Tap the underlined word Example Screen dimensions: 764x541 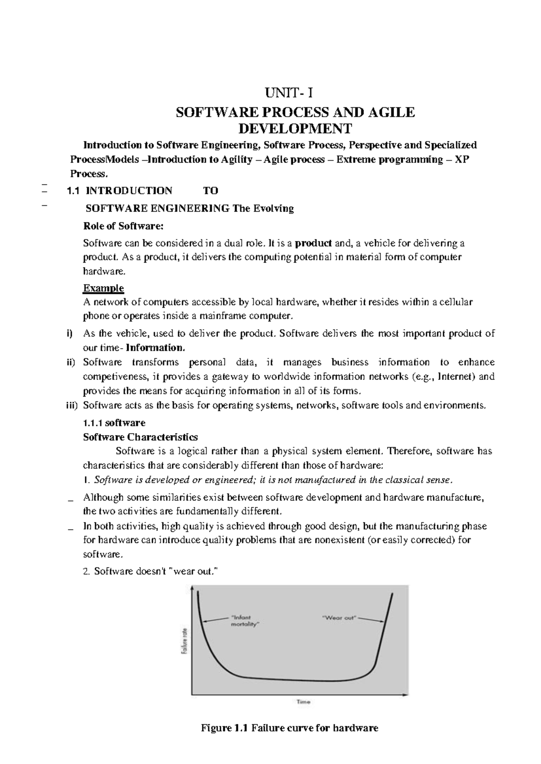(x=103, y=288)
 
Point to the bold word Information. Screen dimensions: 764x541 (x=156, y=348)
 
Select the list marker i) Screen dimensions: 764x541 (x=69, y=334)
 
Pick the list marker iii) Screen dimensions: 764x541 (x=70, y=405)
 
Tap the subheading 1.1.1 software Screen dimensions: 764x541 (x=114, y=423)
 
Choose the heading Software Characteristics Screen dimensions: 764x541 (x=140, y=437)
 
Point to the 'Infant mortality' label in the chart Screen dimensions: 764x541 (x=245, y=621)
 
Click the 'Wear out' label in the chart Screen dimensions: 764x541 (x=339, y=618)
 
